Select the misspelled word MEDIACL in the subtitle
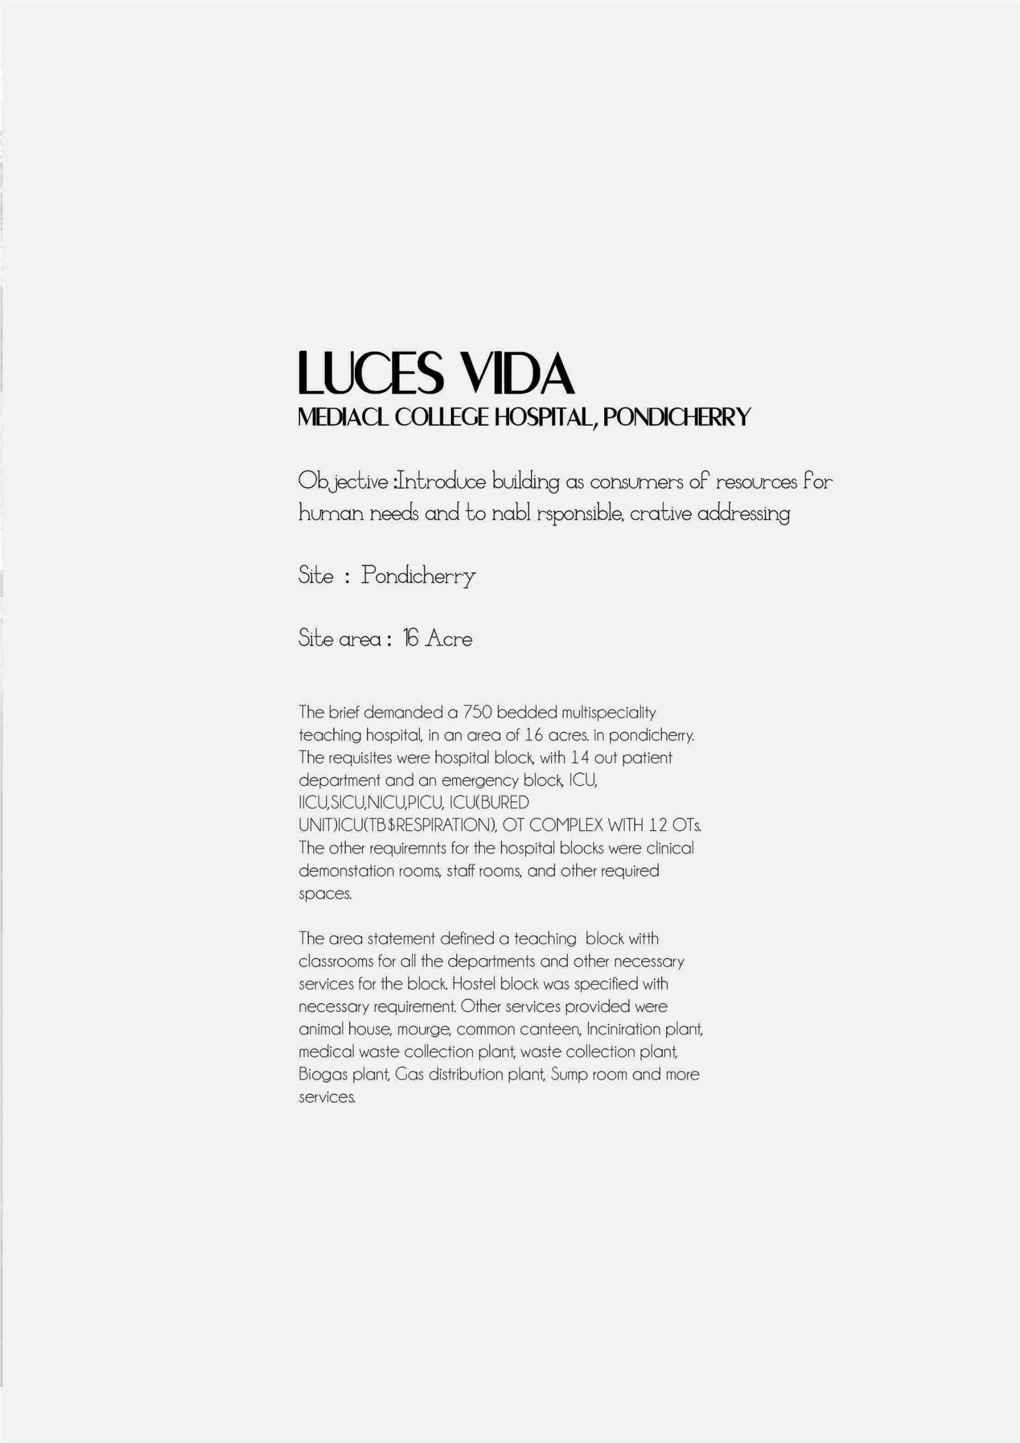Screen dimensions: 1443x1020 pyautogui.click(x=343, y=418)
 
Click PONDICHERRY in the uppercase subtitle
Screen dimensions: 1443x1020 pyautogui.click(x=677, y=418)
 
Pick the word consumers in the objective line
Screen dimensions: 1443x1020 pyautogui.click(x=636, y=482)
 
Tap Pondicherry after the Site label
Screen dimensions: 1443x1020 pyautogui.click(x=418, y=576)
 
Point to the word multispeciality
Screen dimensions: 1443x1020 pyautogui.click(x=608, y=713)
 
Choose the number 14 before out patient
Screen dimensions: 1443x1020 pyautogui.click(x=580, y=758)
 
